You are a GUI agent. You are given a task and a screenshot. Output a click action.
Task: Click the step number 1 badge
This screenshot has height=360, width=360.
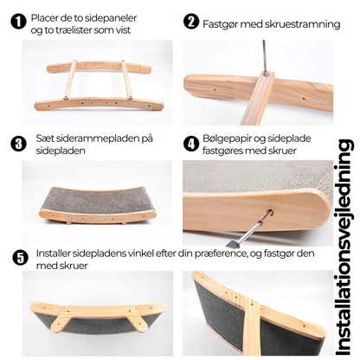(x=18, y=22)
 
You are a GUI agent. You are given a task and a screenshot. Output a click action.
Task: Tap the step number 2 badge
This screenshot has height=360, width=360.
(x=190, y=22)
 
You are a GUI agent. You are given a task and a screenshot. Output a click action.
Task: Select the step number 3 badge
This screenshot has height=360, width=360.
(x=18, y=144)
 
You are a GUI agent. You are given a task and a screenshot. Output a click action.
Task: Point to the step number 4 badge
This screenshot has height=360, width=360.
(x=190, y=144)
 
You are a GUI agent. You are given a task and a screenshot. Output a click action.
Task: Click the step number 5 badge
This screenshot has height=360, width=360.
(x=20, y=258)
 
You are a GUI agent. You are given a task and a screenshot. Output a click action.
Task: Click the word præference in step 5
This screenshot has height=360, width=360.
(x=221, y=254)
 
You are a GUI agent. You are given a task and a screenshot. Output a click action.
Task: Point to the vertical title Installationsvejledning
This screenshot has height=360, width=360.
(x=344, y=248)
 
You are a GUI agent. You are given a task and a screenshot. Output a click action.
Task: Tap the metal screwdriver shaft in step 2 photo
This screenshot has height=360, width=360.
(x=264, y=57)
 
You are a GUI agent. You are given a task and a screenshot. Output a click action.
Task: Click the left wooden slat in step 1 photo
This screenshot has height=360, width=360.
(x=70, y=80)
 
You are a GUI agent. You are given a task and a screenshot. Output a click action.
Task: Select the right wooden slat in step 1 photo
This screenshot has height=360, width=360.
(x=126, y=80)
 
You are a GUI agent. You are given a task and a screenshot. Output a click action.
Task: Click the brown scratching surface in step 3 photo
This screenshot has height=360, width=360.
(x=98, y=198)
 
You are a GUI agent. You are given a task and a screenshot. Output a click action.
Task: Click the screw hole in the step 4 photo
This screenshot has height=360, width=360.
(x=269, y=214)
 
